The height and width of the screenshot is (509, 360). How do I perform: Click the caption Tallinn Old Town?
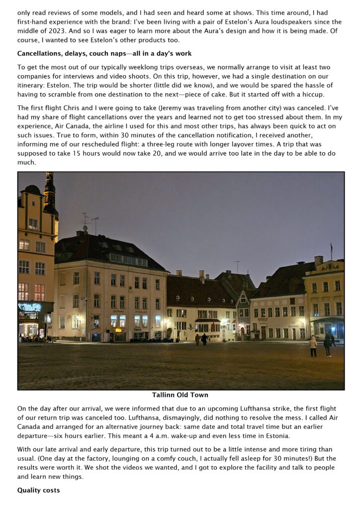coord(180,395)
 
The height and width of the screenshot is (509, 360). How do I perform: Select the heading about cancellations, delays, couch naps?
coord(104,53)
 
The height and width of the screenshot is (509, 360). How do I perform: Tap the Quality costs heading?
coord(38,490)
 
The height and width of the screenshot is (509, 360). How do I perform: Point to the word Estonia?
coord(280,436)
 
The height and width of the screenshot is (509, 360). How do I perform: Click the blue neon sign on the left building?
coord(29,307)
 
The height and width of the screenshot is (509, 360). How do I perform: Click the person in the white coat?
coord(313,344)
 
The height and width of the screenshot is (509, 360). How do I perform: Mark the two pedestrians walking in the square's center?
coord(201,339)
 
